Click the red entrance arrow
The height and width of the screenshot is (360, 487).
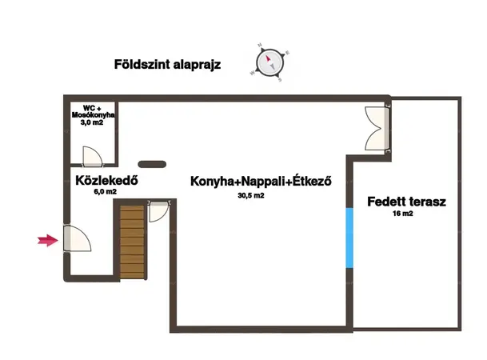pyautogui.click(x=48, y=240)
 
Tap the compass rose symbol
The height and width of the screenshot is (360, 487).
pyautogui.click(x=270, y=62)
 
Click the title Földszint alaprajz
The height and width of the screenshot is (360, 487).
pyautogui.click(x=167, y=65)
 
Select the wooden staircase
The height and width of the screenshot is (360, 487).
pyautogui.click(x=132, y=242)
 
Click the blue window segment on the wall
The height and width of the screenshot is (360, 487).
pyautogui.click(x=349, y=238)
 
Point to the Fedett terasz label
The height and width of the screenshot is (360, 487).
pyautogui.click(x=406, y=202)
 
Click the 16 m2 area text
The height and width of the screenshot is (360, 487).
pyautogui.click(x=403, y=214)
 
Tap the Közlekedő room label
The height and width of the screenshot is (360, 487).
pyautogui.click(x=106, y=181)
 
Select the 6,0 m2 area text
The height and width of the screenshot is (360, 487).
pyautogui.click(x=106, y=192)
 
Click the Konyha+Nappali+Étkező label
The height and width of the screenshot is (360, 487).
pyautogui.click(x=261, y=181)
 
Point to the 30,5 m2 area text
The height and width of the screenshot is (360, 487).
pyautogui.click(x=251, y=195)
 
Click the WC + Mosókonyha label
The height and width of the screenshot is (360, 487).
pyautogui.click(x=93, y=111)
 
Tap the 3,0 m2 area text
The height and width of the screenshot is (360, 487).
pyautogui.click(x=92, y=122)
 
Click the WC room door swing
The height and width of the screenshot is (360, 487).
pyautogui.click(x=92, y=156)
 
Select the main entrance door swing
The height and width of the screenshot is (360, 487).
pyautogui.click(x=77, y=238)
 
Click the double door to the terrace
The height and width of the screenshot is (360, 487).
pyautogui.click(x=377, y=128)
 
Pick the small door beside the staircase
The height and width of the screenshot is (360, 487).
pyautogui.click(x=158, y=211)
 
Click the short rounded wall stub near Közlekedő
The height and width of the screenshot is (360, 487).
pyautogui.click(x=152, y=164)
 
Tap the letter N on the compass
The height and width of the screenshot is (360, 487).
pyautogui.click(x=260, y=46)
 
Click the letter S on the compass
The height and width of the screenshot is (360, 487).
pyautogui.click(x=280, y=80)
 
